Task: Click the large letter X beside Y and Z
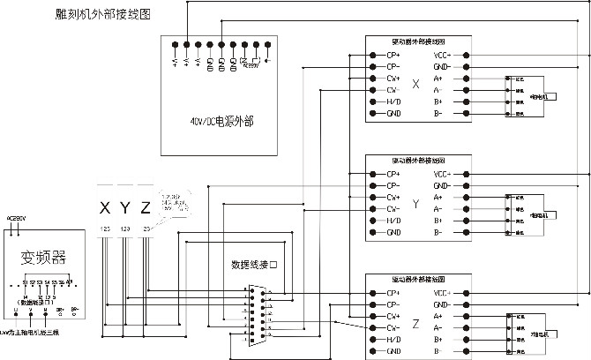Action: [x=105, y=208]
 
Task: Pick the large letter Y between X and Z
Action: [x=125, y=208]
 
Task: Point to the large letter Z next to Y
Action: [x=146, y=208]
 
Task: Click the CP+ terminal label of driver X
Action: [x=393, y=55]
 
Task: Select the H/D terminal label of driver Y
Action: [x=393, y=221]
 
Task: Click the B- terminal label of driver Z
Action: [x=439, y=351]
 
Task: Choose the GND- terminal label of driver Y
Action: [x=443, y=186]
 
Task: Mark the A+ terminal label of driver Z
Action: [x=439, y=316]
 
